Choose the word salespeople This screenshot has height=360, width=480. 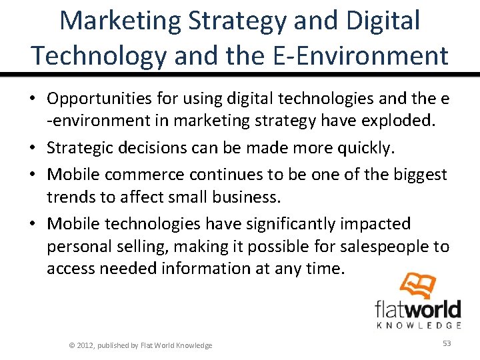coord(377,247)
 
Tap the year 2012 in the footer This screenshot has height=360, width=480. coord(85,345)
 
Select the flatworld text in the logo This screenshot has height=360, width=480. coord(417,310)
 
